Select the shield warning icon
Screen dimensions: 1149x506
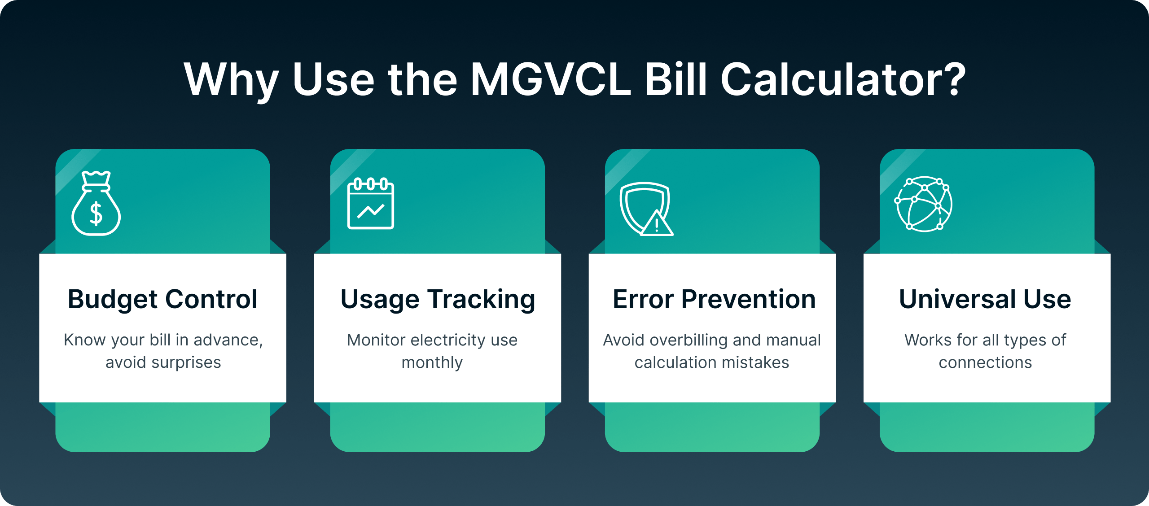646,209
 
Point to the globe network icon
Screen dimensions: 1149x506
924,204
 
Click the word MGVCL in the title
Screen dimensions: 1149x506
551,80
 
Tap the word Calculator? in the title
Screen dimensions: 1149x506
843,80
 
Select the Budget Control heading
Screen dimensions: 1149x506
162,300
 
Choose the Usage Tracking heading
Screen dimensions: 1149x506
438,300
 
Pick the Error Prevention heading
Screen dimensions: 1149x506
714,299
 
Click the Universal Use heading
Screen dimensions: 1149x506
985,299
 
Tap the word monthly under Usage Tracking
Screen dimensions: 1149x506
432,362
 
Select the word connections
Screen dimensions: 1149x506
986,362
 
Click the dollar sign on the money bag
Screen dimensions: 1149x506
96,213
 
